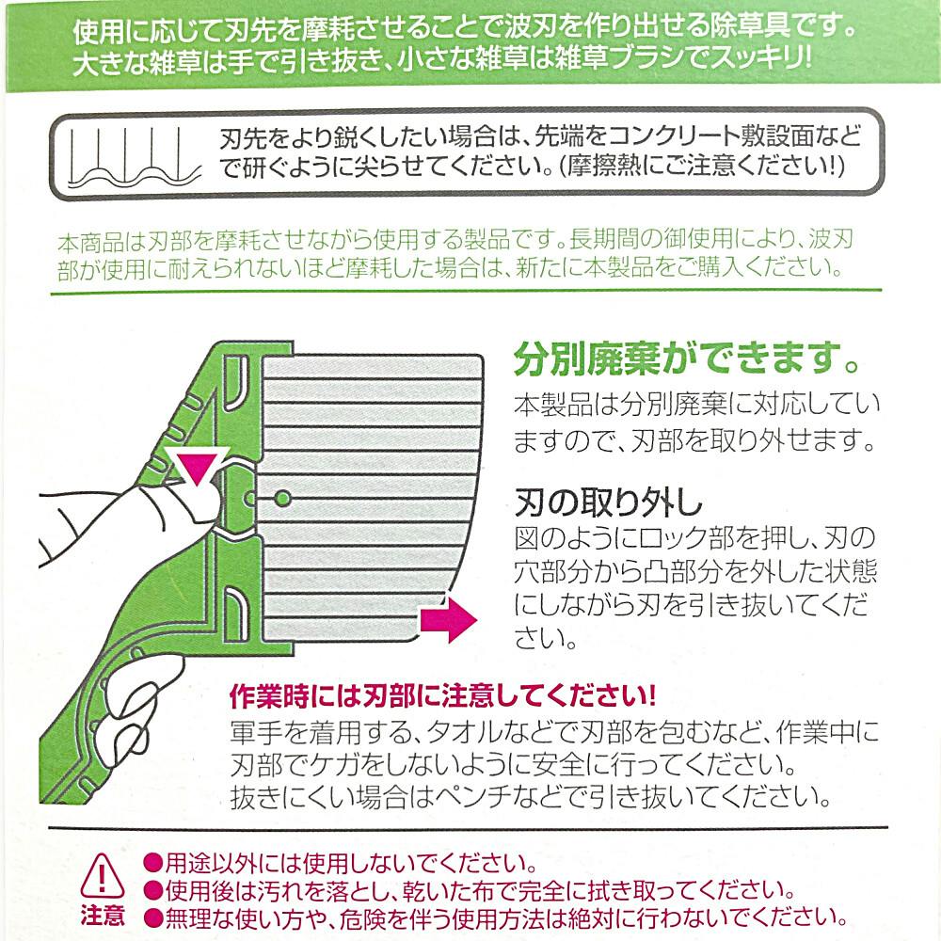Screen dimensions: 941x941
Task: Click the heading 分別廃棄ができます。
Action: coord(685,360)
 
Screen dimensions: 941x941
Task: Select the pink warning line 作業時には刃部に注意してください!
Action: coord(442,698)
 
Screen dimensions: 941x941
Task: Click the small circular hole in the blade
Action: coord(283,496)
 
